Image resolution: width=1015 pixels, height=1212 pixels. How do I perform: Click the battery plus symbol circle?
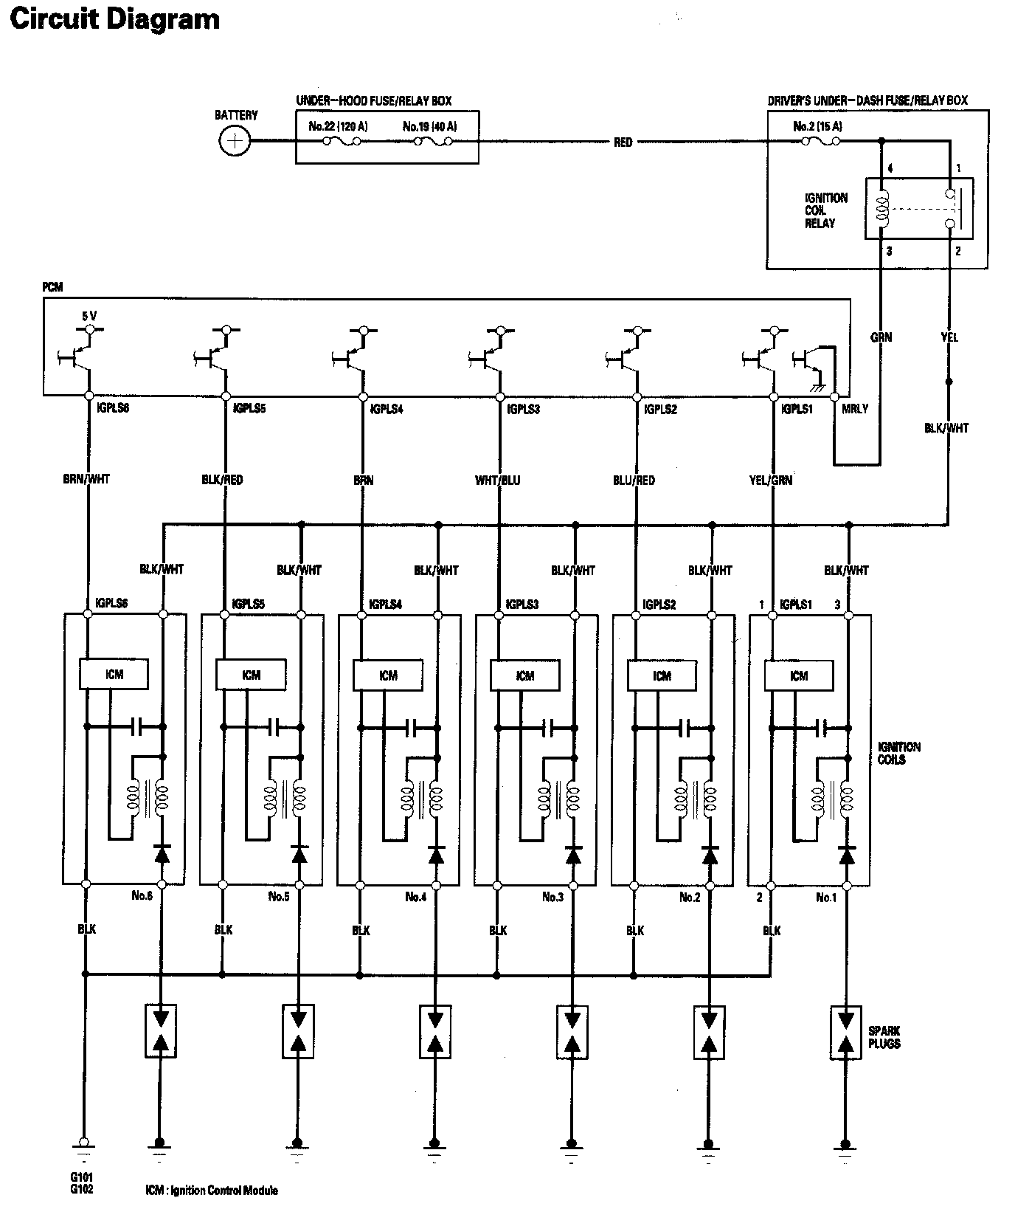235,141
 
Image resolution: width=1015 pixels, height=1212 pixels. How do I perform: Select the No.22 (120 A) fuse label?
338,126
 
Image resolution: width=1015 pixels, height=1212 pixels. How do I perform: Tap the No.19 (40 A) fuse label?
430,126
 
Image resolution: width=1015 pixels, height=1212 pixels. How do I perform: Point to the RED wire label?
623,142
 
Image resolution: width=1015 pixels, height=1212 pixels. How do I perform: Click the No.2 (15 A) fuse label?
817,126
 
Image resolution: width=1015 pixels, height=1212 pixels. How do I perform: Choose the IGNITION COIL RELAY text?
825,210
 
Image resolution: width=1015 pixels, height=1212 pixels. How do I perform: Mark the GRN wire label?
881,337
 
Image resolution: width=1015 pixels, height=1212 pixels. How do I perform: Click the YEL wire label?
949,337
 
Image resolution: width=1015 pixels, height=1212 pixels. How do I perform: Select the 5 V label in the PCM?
89,316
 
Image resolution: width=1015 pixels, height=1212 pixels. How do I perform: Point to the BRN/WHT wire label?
86,479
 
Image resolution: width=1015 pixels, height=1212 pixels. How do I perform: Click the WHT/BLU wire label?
498,480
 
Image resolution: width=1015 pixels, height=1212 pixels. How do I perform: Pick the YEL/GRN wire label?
771,480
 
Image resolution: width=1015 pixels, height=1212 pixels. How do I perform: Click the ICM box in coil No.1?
799,675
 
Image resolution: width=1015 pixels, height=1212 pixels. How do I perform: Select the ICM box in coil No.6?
114,674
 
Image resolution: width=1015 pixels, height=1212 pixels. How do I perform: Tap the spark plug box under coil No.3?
572,1031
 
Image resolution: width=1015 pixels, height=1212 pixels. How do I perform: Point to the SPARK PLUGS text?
884,1037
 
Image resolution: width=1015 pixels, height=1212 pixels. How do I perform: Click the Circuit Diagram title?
114,18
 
